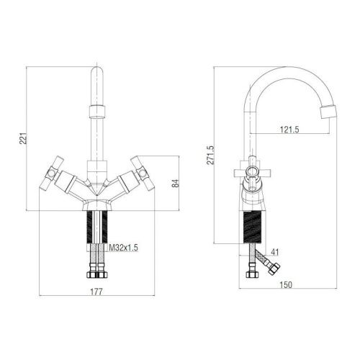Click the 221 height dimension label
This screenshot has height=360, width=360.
click(x=23, y=138)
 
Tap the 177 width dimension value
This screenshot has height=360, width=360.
click(x=96, y=292)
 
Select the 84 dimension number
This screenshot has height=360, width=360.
click(x=176, y=184)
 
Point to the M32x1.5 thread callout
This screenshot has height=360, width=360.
click(x=124, y=248)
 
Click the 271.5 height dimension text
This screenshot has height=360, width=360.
click(x=210, y=155)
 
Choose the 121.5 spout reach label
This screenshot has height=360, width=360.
click(x=289, y=130)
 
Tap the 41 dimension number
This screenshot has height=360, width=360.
click(x=275, y=252)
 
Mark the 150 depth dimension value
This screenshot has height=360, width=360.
click(x=286, y=284)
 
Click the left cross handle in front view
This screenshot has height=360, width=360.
click(x=52, y=174)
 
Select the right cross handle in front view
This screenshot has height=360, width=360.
click(x=143, y=174)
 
